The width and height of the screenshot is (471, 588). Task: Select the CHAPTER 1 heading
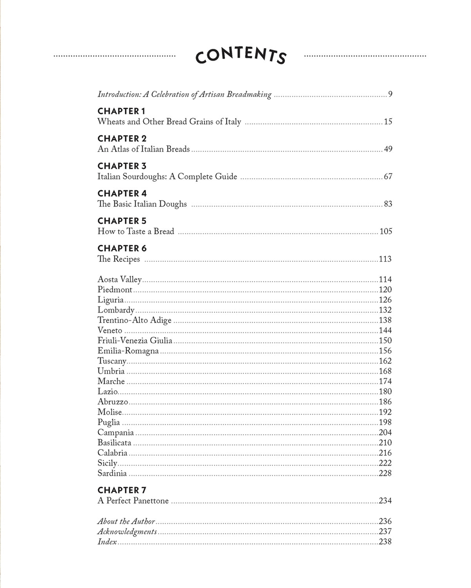click(x=121, y=111)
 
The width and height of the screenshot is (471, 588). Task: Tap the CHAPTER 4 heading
click(x=122, y=193)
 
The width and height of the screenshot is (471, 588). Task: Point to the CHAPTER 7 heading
click(x=122, y=490)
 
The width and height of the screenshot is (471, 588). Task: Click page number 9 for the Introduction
click(x=390, y=94)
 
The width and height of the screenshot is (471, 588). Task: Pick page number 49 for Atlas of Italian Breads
click(x=388, y=149)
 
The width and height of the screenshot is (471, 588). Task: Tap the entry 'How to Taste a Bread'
click(x=136, y=231)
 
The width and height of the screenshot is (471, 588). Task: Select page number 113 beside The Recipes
click(x=385, y=259)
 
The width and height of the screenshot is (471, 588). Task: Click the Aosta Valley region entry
click(x=120, y=279)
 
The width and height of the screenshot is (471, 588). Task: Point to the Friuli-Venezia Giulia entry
click(x=135, y=340)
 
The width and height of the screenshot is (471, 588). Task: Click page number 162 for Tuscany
click(x=385, y=361)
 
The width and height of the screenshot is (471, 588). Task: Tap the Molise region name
click(x=110, y=412)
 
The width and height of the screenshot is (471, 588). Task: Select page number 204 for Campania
click(x=385, y=432)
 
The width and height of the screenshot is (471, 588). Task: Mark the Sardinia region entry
click(x=112, y=473)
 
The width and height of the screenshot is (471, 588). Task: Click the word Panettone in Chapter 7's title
click(x=150, y=500)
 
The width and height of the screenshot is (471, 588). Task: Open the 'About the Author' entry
click(x=126, y=521)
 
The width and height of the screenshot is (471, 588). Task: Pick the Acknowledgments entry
click(x=127, y=532)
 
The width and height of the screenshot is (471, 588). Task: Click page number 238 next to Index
click(x=385, y=542)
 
